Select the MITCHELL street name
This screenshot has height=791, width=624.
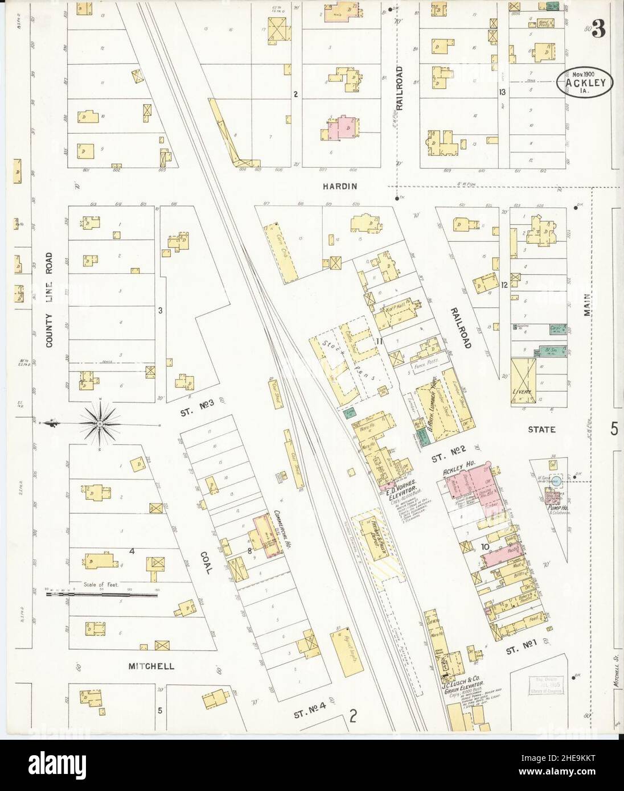click(151, 666)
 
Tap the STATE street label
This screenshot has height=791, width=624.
click(541, 430)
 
